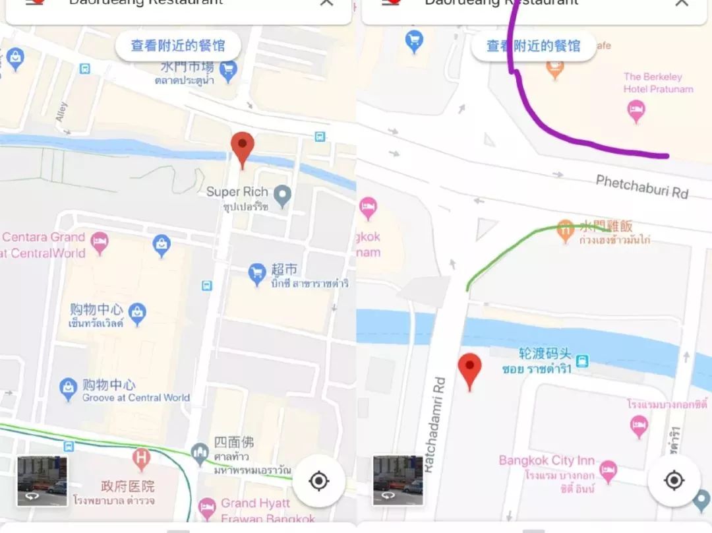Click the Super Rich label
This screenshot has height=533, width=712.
(x=237, y=192)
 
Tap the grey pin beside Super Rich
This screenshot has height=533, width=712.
(x=283, y=195)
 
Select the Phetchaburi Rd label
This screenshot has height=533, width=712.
(x=641, y=186)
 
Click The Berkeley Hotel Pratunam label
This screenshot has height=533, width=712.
(x=653, y=82)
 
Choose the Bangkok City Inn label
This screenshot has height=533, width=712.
(x=547, y=460)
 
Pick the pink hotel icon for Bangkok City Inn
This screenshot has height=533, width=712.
(x=608, y=470)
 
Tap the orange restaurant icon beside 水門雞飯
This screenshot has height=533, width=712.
(x=565, y=230)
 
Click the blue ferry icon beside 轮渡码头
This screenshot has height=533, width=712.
(x=581, y=361)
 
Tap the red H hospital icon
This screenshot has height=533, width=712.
(x=141, y=456)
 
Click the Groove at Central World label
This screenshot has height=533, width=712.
(x=136, y=398)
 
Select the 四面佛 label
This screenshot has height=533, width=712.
(x=233, y=442)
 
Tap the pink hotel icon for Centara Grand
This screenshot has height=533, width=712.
(x=100, y=241)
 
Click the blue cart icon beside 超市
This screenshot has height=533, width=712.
(x=257, y=272)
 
